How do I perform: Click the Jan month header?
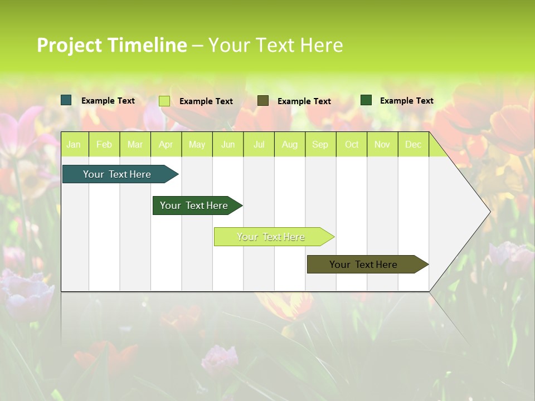[74, 145]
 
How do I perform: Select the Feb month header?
[104, 145]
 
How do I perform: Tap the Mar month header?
[135, 145]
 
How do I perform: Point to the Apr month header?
[166, 145]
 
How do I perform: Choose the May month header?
[197, 145]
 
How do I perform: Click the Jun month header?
[228, 145]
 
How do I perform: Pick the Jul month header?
[259, 145]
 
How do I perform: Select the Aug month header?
[290, 145]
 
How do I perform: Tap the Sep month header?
[320, 145]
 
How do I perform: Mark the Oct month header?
[352, 145]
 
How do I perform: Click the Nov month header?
[382, 145]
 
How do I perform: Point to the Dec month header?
[414, 145]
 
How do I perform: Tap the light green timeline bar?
[271, 237]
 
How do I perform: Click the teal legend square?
[66, 100]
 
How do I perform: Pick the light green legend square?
[164, 101]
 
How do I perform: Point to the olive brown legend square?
[263, 101]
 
